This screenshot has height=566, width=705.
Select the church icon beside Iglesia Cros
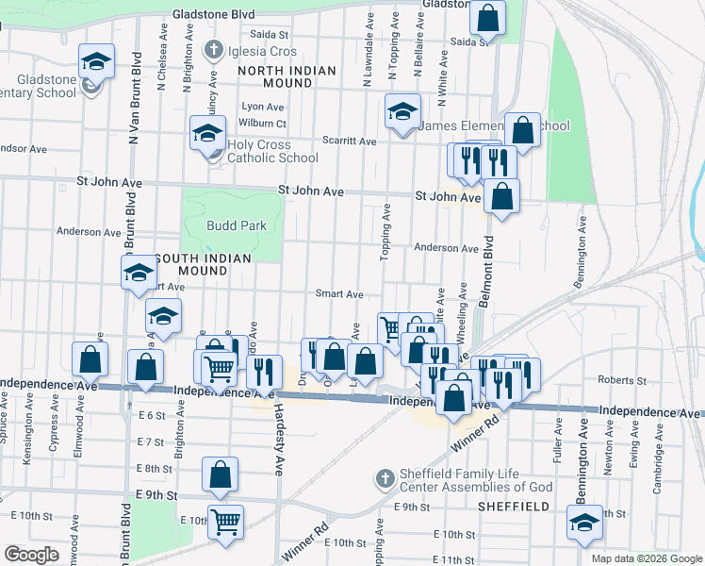(213, 49)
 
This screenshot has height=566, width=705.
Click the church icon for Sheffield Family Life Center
(383, 479)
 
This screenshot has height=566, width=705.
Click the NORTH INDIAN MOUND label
(274, 76)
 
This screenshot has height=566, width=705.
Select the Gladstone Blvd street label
(213, 15)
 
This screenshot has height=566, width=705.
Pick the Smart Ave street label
(339, 294)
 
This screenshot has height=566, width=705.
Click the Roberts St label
(622, 380)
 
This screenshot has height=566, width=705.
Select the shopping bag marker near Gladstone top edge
(488, 17)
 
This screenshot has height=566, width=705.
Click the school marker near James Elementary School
(402, 113)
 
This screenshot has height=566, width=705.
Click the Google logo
(31, 555)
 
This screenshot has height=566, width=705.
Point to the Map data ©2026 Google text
(646, 558)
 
